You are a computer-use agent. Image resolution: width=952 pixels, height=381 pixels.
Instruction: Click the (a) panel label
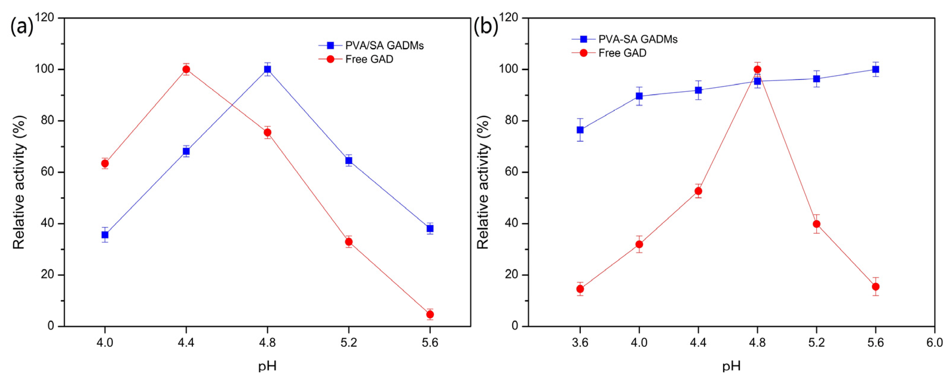[x=22, y=27]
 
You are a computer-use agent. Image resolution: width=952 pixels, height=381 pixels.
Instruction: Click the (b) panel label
[x=486, y=27]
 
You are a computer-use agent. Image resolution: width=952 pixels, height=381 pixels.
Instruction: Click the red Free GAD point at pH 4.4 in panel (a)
[x=186, y=69]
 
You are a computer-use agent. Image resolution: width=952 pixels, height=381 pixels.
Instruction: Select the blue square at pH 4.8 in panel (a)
[x=267, y=69]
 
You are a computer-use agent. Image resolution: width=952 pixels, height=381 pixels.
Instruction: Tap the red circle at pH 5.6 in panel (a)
[x=430, y=314]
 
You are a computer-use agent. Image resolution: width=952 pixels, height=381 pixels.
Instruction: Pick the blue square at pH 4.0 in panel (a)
[x=105, y=234]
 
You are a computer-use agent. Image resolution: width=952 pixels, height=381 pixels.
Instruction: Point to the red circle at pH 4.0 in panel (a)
[x=105, y=163]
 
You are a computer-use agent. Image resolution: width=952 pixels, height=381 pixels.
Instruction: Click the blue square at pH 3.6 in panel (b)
[x=580, y=130]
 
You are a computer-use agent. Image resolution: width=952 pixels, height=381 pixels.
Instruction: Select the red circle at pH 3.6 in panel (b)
[x=580, y=289]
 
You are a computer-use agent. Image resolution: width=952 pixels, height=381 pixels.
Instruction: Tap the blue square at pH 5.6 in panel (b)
[x=876, y=69]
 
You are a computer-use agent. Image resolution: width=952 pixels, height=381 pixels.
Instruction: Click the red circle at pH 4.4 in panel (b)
[x=698, y=191]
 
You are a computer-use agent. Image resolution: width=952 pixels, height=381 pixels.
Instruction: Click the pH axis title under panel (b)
[x=731, y=367]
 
